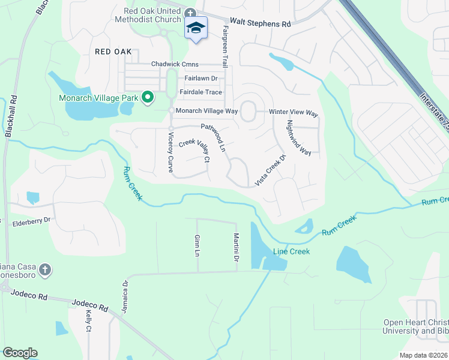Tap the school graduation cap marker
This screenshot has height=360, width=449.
[x=195, y=29]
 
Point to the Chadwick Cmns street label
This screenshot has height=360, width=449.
[x=175, y=64]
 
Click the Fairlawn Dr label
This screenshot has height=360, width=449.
[x=201, y=79]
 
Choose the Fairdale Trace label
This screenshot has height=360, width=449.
[x=201, y=92]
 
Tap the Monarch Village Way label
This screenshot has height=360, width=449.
[x=206, y=111]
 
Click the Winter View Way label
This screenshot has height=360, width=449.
[x=293, y=113]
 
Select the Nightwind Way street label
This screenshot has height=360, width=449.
[x=298, y=138]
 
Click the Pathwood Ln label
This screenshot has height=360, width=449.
[x=213, y=137]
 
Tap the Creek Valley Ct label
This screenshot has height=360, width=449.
[x=195, y=151]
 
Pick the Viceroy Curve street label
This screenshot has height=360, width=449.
[x=170, y=152]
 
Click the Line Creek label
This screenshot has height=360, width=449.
[x=292, y=251]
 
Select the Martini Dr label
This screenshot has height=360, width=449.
[x=237, y=247]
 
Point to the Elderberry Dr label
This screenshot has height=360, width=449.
[x=32, y=223]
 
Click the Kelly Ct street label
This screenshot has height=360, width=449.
[x=88, y=321]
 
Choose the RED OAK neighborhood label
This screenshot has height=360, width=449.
[x=112, y=52]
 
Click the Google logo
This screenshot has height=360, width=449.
[x=20, y=353]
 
